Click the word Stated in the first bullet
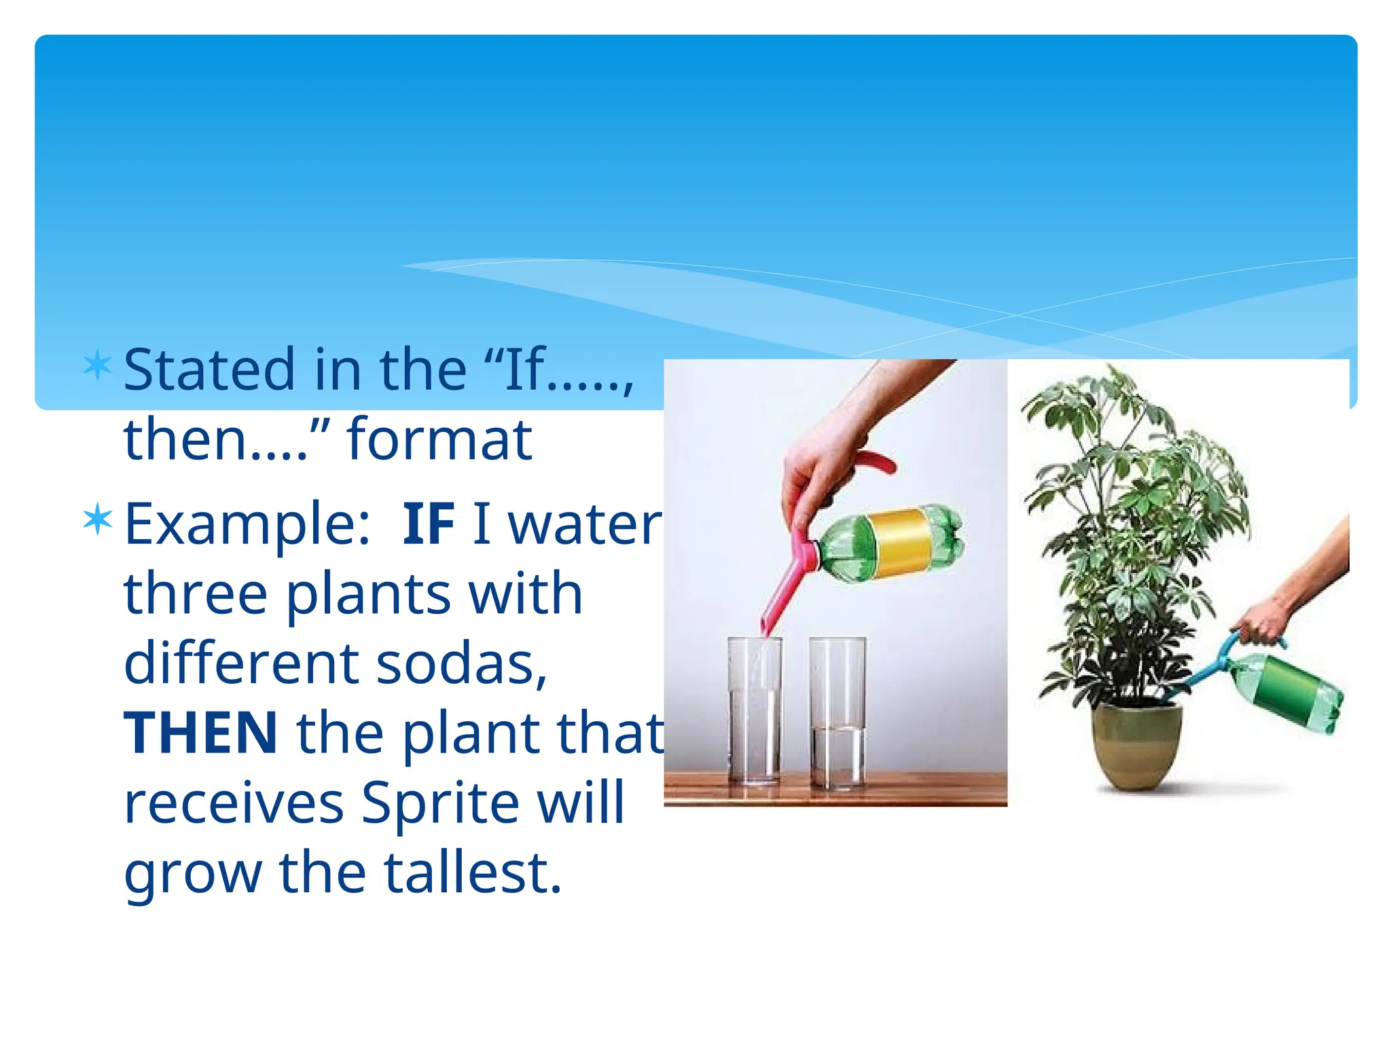pos(206,370)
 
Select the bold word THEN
pos(200,733)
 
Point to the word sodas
pos(462,663)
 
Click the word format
pos(439,439)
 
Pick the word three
pos(196,593)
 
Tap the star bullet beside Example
pos(97,519)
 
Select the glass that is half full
pos(838,713)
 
